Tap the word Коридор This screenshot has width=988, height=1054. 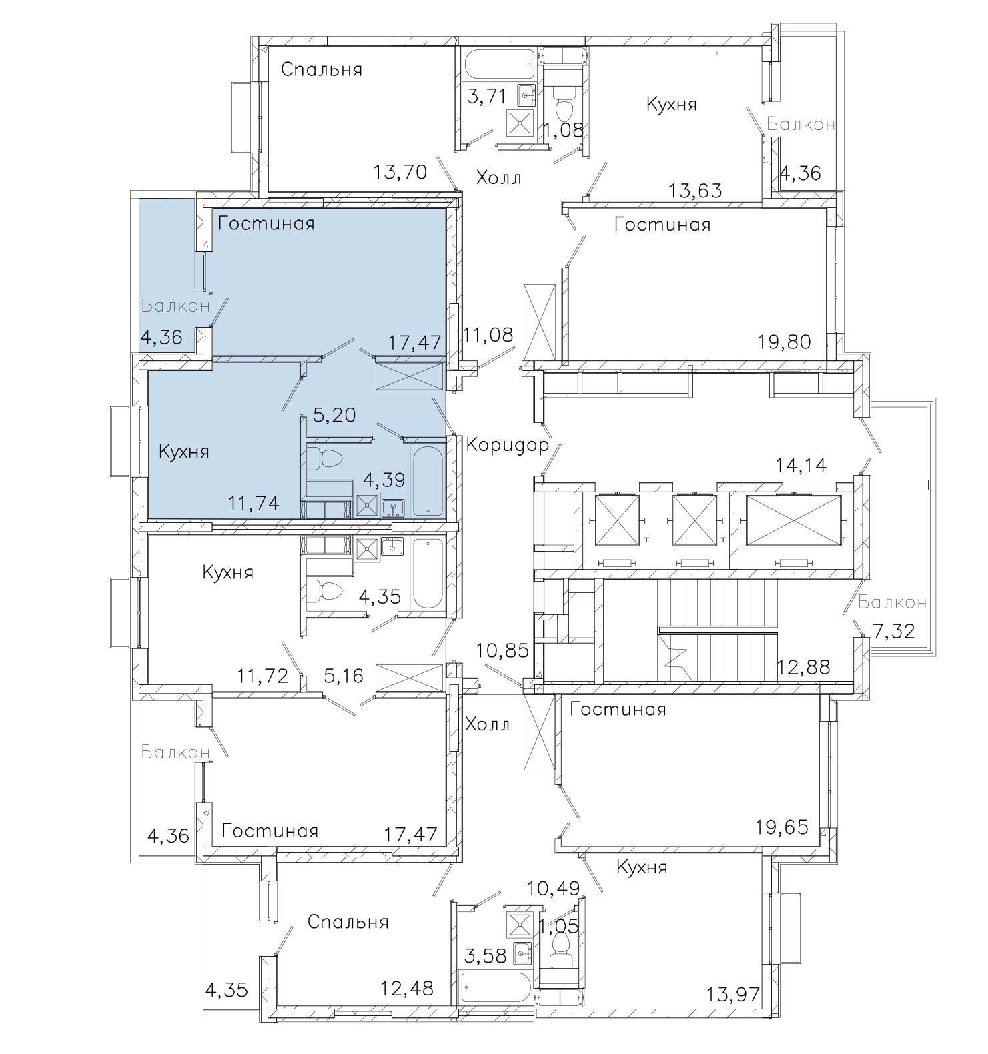coord(508,444)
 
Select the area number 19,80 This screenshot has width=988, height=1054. coord(785,342)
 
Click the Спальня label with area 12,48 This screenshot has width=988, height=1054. coord(348,922)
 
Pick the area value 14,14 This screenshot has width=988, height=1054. coord(801,464)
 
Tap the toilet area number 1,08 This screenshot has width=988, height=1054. coord(564,130)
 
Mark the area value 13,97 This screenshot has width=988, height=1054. coord(732,996)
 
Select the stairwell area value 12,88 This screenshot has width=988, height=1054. coord(805,666)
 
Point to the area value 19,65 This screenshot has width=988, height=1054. coord(783,828)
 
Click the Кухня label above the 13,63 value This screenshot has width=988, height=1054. coord(671,104)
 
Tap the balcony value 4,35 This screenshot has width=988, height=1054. coord(227,988)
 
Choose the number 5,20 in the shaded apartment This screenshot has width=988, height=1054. coord(334,415)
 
